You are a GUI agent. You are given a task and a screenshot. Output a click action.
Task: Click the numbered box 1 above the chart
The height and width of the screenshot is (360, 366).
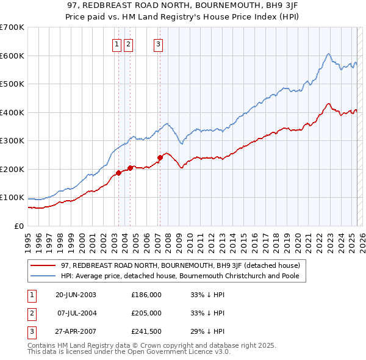pyautogui.click(x=117, y=43)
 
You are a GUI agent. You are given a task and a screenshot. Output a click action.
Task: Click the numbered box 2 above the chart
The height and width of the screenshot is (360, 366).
pyautogui.click(x=128, y=43)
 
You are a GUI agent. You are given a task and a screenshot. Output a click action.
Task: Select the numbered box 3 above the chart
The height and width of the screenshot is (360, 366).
pyautogui.click(x=158, y=43)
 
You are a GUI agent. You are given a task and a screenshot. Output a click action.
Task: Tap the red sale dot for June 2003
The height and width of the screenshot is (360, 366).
pyautogui.click(x=118, y=173)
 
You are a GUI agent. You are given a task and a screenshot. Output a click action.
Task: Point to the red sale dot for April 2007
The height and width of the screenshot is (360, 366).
pyautogui.click(x=160, y=157)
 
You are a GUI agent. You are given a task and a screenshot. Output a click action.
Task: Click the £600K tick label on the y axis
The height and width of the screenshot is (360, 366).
pyautogui.click(x=12, y=56)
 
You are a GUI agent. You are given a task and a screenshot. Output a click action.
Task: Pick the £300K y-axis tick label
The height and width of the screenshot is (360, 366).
pyautogui.click(x=12, y=140)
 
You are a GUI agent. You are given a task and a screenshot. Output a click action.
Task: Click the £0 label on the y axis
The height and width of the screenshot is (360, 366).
pyautogui.click(x=18, y=226)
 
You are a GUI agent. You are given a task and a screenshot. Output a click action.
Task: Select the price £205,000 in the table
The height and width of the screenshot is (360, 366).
pyautogui.click(x=146, y=313)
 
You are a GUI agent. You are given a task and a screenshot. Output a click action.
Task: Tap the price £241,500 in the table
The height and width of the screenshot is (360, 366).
pyautogui.click(x=146, y=331)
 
